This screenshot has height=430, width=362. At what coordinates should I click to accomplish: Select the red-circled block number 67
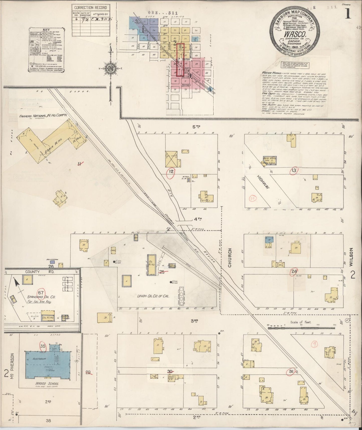[x=41, y=292]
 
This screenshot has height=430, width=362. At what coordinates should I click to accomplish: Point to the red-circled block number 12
[x=171, y=172]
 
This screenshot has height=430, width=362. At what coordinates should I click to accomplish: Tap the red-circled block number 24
[x=294, y=271]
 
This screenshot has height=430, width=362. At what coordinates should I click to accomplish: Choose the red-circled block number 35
[x=43, y=346]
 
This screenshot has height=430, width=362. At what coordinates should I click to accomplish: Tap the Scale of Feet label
[x=300, y=322]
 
